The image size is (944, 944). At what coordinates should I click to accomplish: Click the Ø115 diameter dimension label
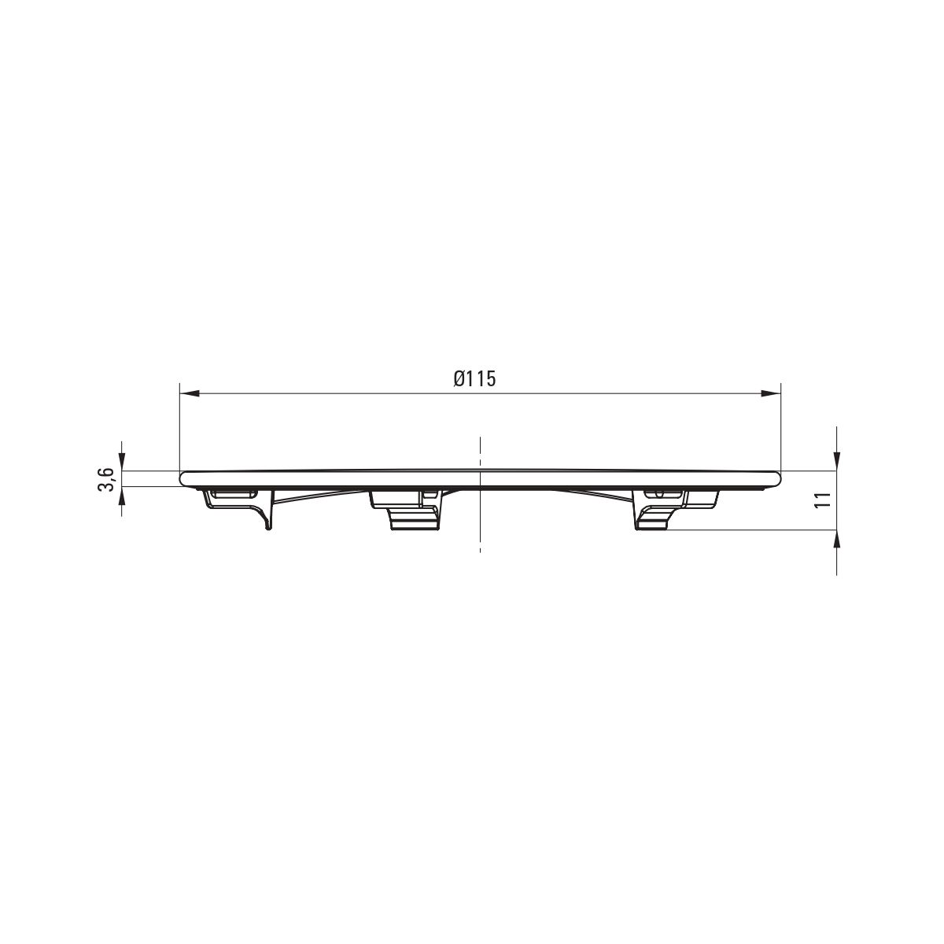pos(474,378)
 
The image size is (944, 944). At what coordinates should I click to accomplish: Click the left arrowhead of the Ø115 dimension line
pos(190,393)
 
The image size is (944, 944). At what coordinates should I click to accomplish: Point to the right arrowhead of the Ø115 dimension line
pos(771,393)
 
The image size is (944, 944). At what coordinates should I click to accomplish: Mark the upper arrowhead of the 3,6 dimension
pos(121,461)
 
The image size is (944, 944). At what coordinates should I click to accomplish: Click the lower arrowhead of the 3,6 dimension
pos(121,496)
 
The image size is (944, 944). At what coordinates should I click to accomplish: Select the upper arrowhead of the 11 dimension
pos(837,461)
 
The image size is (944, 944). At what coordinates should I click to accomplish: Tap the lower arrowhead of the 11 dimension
pos(837,540)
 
